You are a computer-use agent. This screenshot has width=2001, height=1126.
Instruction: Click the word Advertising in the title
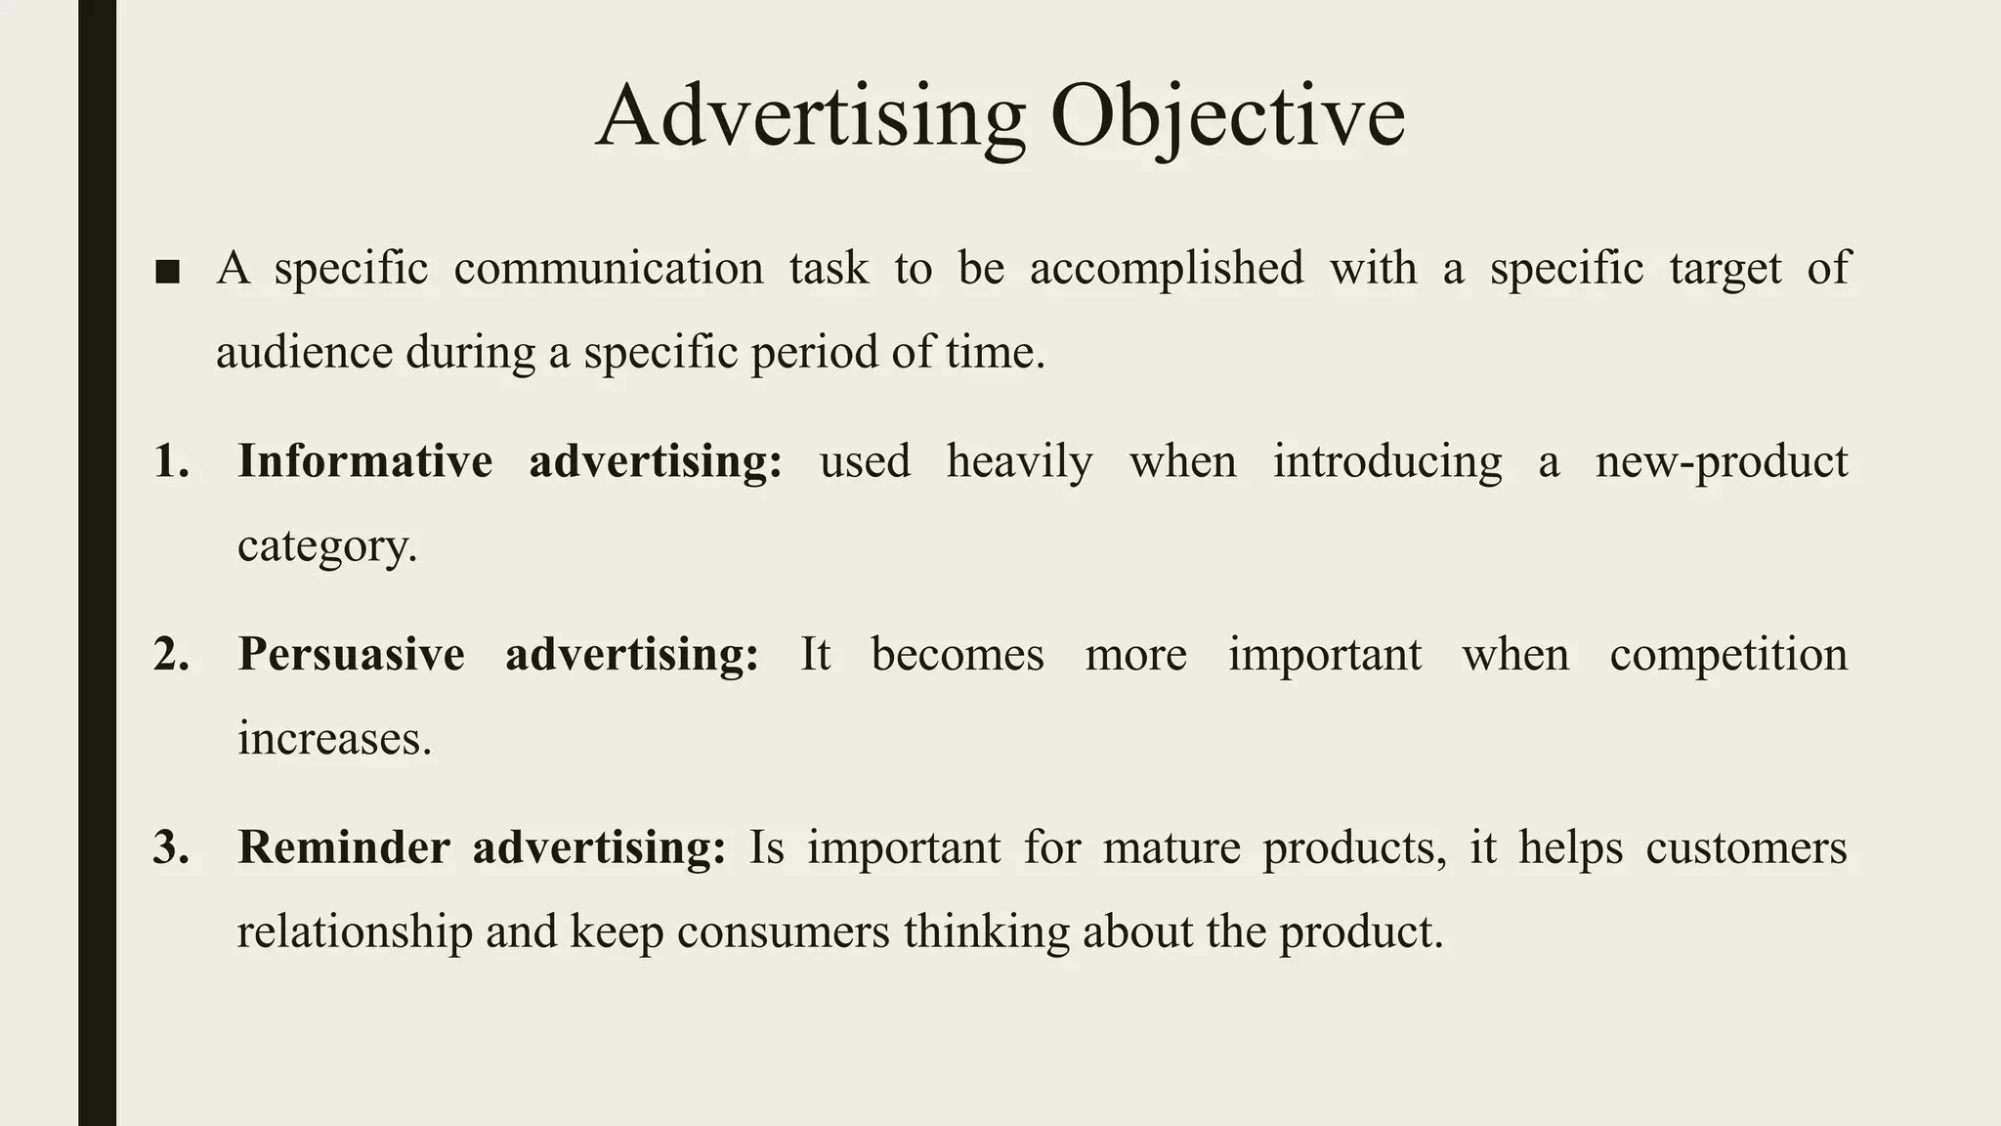[810, 117]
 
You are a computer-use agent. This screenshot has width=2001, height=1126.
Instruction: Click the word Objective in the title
[1227, 117]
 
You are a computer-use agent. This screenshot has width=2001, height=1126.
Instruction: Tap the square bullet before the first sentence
[168, 272]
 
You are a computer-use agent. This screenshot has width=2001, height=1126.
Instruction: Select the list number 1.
[172, 461]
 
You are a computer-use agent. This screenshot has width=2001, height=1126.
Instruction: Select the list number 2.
[172, 654]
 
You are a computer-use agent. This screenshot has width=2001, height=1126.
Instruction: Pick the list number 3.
[172, 847]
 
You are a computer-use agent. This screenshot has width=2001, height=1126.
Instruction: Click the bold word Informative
[364, 461]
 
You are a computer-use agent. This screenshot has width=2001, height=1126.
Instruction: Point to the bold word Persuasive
[351, 654]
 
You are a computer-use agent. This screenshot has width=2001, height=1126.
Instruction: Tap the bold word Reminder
[343, 847]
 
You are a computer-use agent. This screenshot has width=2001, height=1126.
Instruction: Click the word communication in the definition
[608, 269]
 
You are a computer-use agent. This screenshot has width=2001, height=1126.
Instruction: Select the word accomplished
[1167, 269]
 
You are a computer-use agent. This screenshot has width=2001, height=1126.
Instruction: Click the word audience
[304, 353]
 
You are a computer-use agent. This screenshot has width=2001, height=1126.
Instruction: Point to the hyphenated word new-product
[1722, 461]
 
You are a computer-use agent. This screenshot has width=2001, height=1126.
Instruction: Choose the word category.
[326, 546]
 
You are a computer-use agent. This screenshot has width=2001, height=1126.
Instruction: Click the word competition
[1728, 654]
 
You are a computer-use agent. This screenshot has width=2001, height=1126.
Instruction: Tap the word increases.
[334, 739]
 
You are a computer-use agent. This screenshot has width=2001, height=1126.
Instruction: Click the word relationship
[355, 931]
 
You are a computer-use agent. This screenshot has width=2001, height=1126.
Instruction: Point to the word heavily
[1019, 461]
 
